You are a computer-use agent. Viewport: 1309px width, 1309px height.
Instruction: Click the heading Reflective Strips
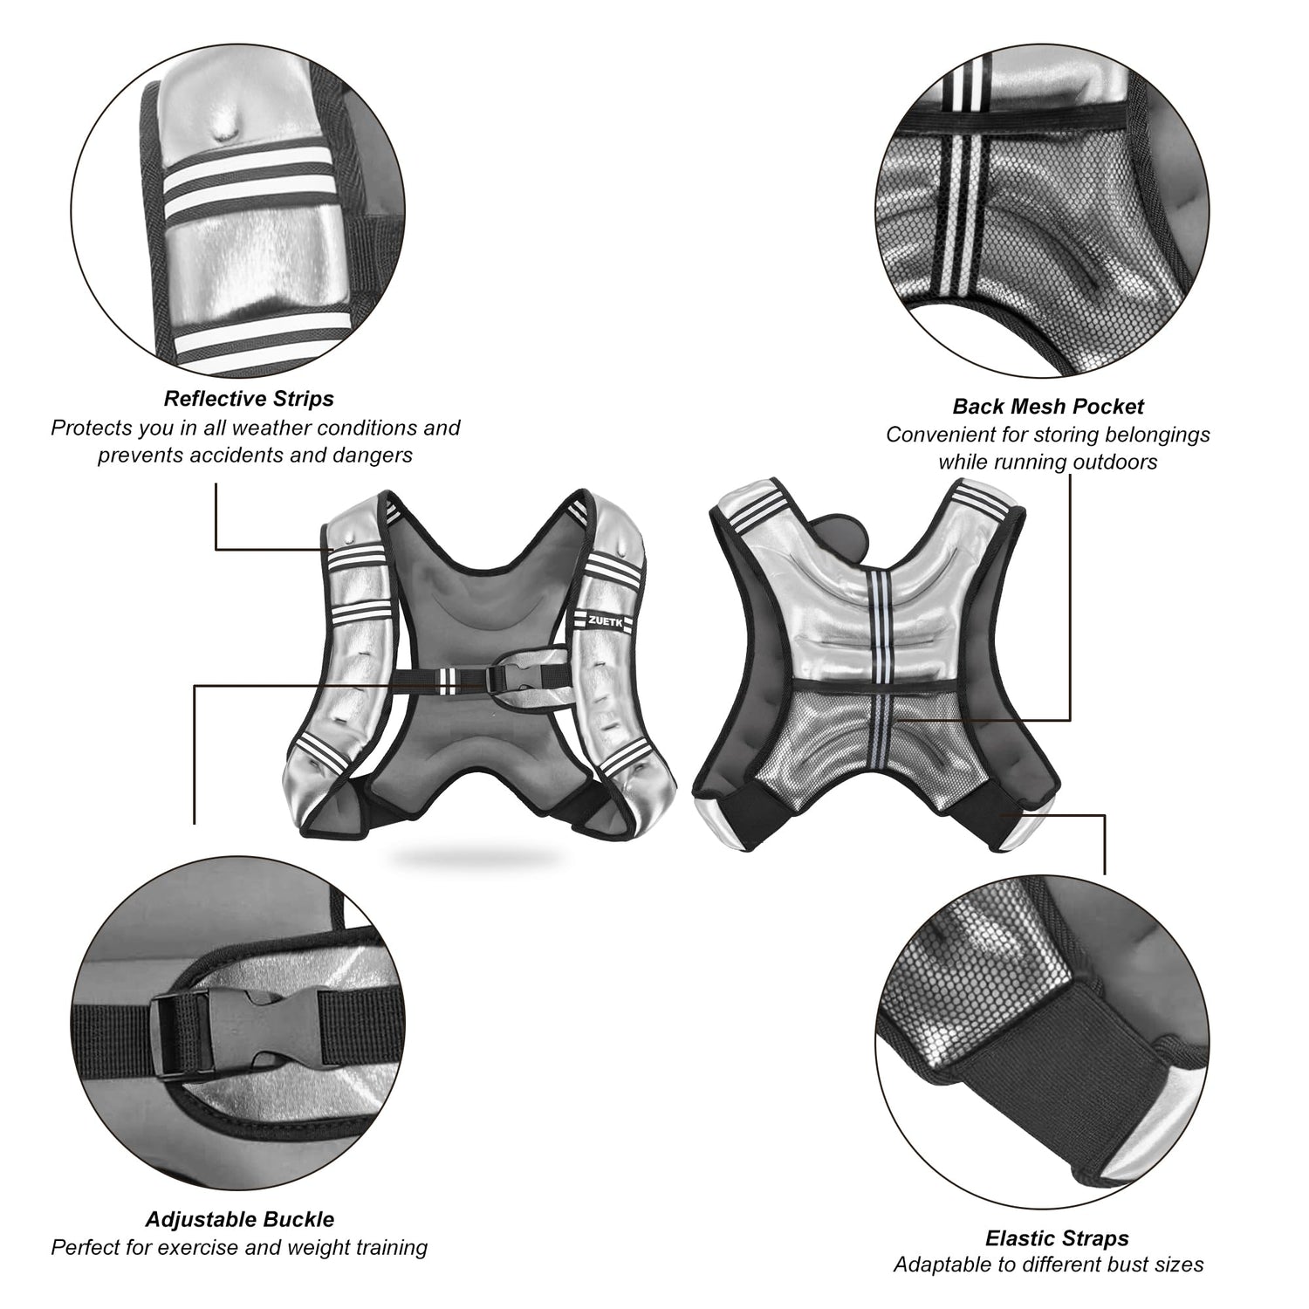pyautogui.click(x=249, y=399)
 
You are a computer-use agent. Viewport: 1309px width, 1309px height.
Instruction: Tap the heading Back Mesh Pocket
pyautogui.click(x=1048, y=406)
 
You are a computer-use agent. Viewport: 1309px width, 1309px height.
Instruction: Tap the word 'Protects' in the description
pyautogui.click(x=90, y=428)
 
